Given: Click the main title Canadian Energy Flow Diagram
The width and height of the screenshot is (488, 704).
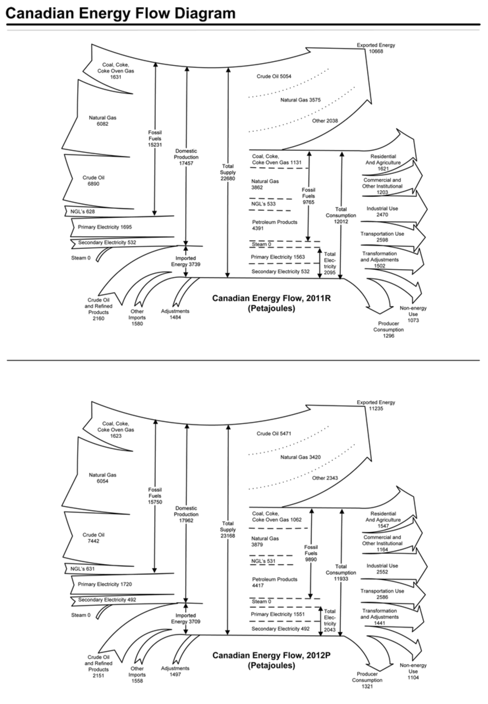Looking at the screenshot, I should pos(121,13).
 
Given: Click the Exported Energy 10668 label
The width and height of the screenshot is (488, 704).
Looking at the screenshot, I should pos(376,48).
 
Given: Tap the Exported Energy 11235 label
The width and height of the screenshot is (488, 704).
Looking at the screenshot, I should pos(376,405).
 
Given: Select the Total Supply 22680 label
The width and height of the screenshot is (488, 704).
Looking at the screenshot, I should pos(228,172).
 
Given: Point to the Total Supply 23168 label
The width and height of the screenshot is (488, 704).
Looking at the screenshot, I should pos(228,529).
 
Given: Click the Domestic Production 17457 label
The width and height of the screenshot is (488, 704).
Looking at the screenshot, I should pos(186,157).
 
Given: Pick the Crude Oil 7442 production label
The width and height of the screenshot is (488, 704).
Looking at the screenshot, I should pos(94,538).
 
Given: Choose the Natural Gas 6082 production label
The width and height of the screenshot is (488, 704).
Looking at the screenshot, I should pos(102,121).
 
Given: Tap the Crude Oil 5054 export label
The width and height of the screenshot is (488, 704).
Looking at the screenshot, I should pos(274,76).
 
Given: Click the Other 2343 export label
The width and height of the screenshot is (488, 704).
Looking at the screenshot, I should pos(325,478).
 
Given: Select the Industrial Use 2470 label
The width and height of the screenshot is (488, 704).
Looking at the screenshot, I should pos(382,211).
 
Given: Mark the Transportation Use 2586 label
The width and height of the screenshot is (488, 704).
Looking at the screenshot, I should pos(382,594).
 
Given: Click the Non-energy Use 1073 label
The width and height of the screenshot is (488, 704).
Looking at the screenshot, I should pos(413,314).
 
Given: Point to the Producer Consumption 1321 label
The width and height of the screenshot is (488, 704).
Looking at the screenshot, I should pos(367,680).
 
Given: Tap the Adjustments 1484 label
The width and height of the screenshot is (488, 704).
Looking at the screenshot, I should pos(175,314).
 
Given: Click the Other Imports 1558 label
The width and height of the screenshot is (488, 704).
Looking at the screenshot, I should pos(137,674).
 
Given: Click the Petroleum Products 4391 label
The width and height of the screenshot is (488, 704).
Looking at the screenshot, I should pos(275,225).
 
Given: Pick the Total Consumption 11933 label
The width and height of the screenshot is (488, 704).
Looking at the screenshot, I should pos(341,572).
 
